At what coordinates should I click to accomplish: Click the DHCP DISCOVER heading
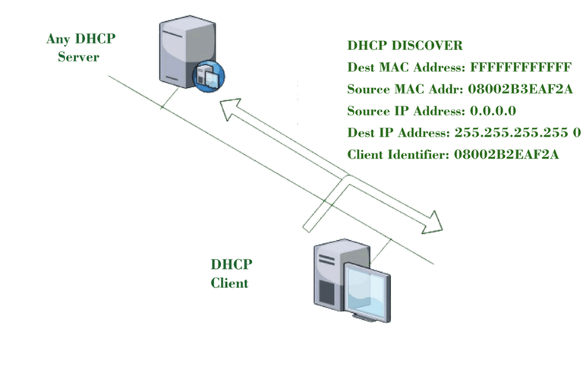405,46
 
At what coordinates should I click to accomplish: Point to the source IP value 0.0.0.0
488,111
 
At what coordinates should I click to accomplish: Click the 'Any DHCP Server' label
78,47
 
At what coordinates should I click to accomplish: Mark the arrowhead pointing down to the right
434,222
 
